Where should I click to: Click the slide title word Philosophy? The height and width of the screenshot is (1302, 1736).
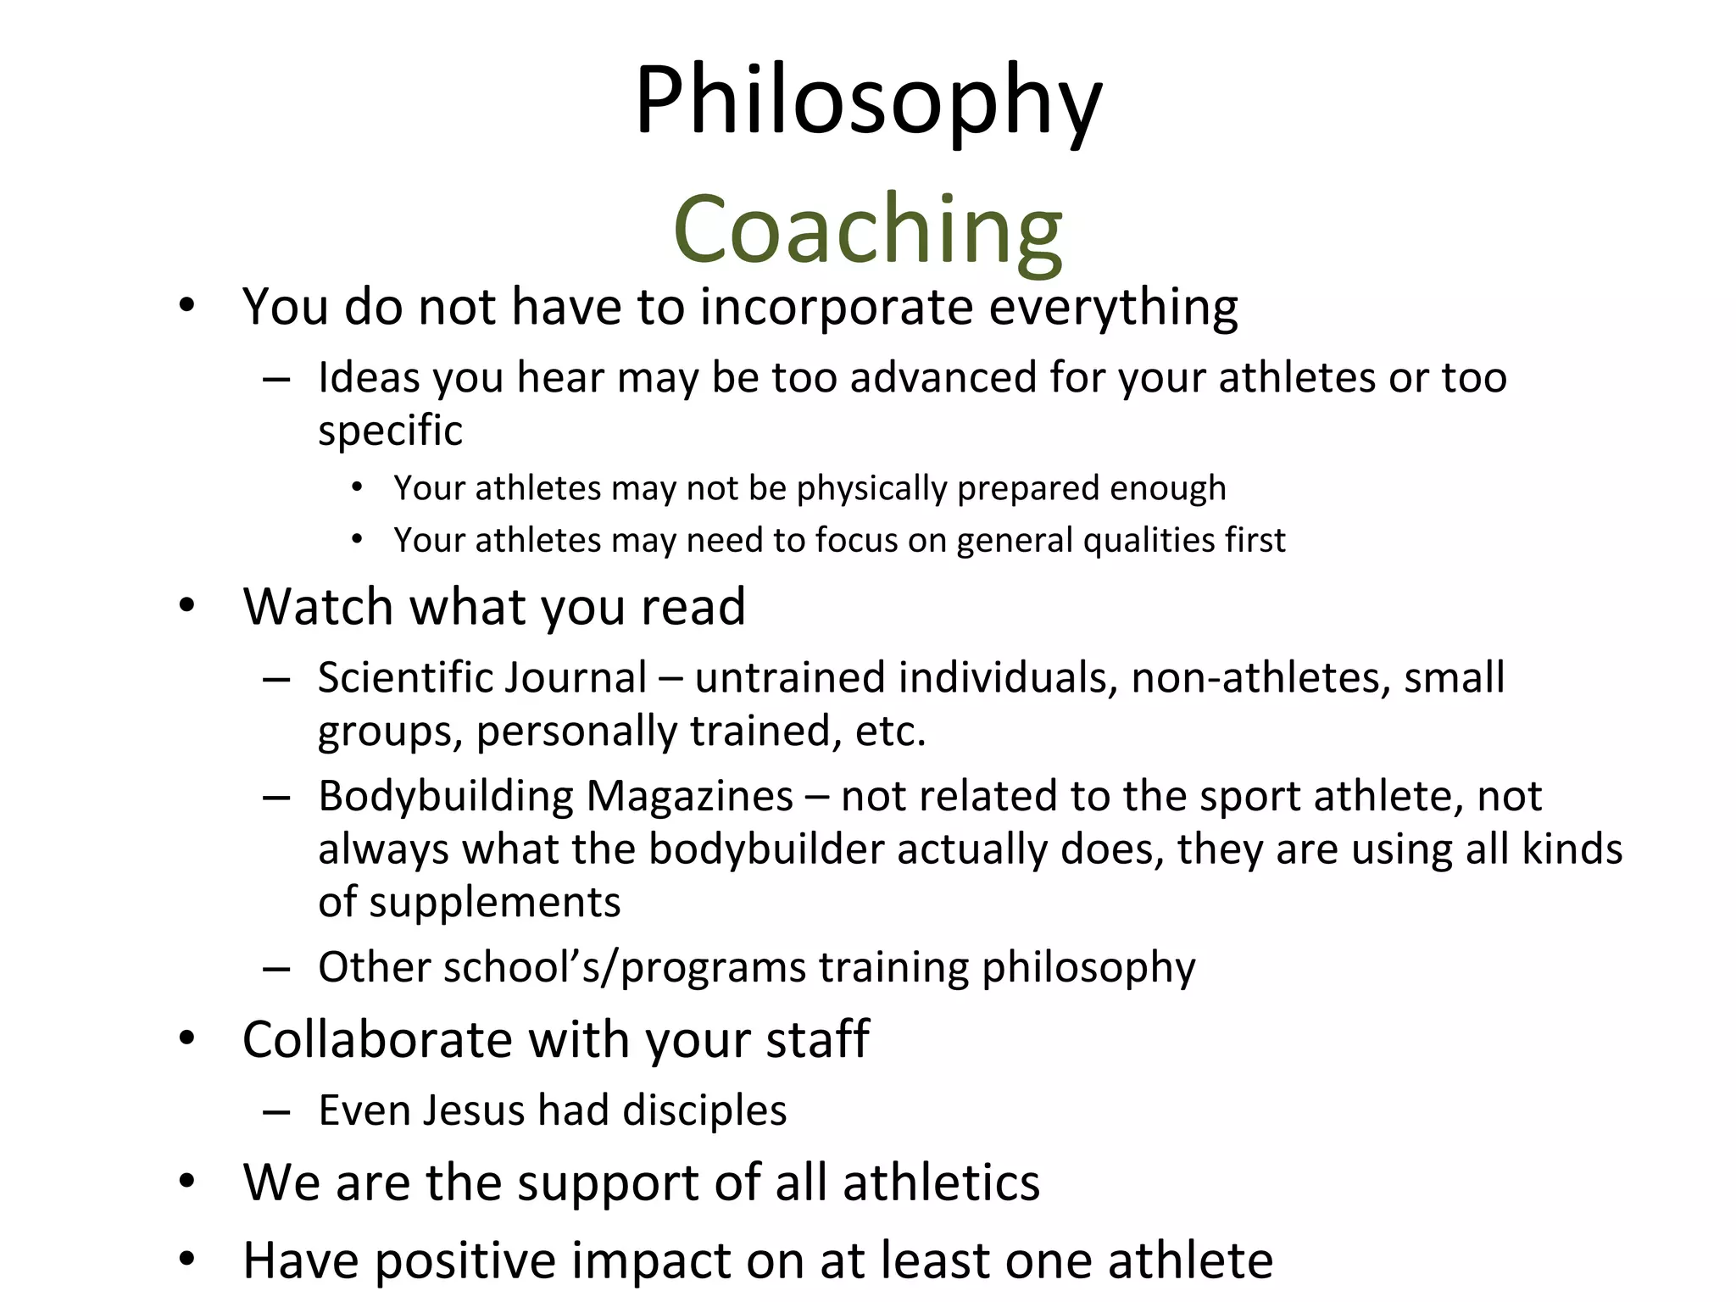pos(868,102)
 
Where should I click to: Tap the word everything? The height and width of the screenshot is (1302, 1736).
pos(1113,306)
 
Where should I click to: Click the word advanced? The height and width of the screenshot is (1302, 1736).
pos(943,377)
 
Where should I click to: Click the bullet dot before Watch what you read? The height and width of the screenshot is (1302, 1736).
pos(187,606)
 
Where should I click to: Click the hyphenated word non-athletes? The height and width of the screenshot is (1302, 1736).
pos(1260,678)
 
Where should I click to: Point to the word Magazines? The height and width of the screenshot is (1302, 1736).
pos(690,797)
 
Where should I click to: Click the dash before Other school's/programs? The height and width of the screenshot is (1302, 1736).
pos(276,968)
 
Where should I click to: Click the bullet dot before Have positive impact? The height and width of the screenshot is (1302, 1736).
pos(187,1259)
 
